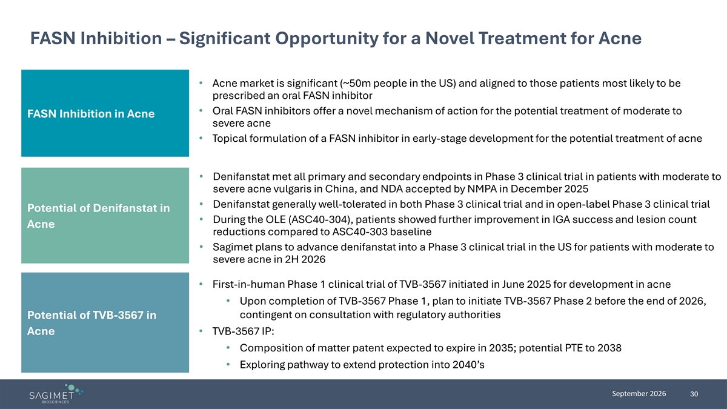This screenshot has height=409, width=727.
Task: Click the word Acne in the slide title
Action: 620,38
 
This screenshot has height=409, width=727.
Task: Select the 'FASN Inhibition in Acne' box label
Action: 91,114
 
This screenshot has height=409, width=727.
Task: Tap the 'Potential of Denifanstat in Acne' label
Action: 98,216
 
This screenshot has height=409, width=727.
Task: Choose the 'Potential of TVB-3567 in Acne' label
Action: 91,323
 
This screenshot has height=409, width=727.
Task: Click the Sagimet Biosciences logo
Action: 56,394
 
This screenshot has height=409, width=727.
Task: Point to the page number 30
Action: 694,394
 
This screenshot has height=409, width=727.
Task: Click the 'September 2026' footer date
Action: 639,394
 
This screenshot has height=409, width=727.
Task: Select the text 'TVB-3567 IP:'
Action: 243,331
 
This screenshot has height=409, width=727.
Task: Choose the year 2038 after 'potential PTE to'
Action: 609,348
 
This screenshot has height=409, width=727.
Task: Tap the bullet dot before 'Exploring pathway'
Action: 228,365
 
